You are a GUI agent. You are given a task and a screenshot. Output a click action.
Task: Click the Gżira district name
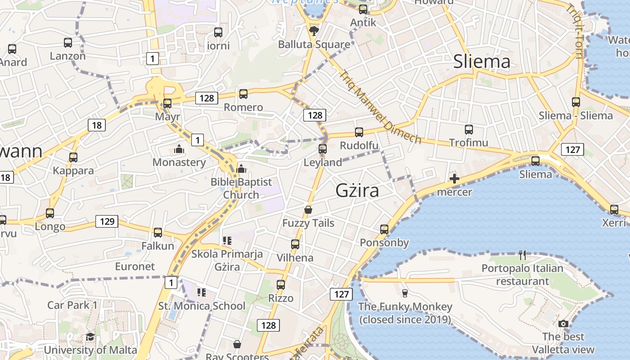point(357,191)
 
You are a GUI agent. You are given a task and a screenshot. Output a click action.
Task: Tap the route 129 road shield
point(107,221)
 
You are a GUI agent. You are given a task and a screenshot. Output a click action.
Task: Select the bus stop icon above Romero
point(243,94)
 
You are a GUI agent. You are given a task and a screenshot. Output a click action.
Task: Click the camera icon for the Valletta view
point(563,324)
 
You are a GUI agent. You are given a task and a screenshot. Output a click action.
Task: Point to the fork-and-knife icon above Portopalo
point(522,255)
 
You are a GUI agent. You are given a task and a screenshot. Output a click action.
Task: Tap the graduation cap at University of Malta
point(90,337)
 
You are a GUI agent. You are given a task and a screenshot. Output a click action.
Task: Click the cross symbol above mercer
point(454,179)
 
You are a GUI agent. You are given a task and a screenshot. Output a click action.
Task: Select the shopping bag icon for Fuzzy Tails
point(308,210)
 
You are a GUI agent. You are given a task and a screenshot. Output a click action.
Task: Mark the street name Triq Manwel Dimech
point(380,107)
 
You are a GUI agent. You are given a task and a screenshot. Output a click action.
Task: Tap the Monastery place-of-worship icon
point(179,149)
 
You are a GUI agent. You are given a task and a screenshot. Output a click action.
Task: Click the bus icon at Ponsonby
point(384,229)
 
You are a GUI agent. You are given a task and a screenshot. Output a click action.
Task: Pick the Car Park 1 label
point(72,305)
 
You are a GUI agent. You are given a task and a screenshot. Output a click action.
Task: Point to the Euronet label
point(135,266)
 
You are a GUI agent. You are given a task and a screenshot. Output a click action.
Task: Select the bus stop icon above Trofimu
point(469,130)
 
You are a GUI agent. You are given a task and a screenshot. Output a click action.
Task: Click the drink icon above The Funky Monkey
point(405,293)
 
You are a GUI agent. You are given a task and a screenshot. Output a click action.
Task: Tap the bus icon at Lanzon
point(68,43)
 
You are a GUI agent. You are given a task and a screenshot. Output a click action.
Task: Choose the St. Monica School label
point(202,306)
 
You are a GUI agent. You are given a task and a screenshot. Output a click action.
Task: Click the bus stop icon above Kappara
point(73,157)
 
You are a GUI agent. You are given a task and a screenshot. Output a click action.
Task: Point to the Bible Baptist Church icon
point(241,169)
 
